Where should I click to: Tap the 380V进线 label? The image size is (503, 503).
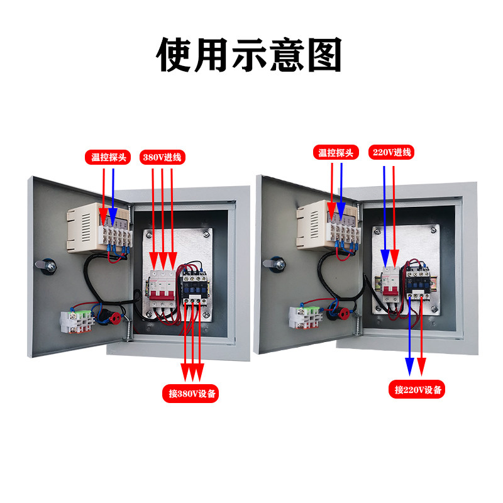(x=162, y=157)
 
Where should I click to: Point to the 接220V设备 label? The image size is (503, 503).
(x=419, y=390)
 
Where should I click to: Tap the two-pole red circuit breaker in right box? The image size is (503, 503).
(x=390, y=286)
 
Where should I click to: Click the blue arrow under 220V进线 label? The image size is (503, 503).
(x=385, y=207)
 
